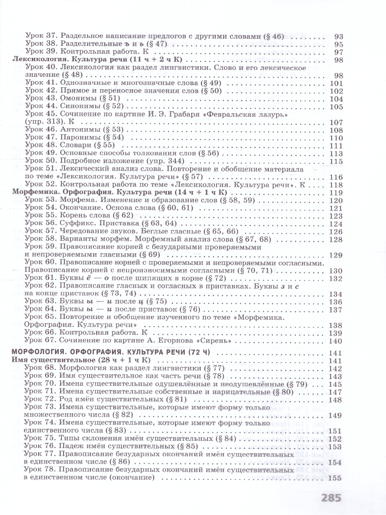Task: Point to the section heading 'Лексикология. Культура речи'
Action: click(x=69, y=60)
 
